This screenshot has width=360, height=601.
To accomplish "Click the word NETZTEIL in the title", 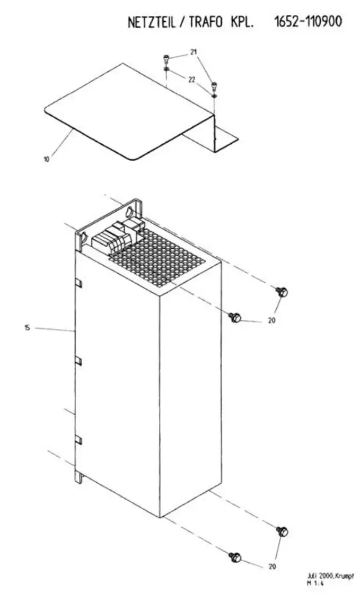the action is (151, 23).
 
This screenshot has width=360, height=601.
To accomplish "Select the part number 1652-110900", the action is (308, 22).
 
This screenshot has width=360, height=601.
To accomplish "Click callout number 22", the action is (192, 80).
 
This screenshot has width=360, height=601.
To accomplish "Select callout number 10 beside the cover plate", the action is (46, 160).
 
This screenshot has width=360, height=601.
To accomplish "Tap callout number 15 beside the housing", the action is (27, 328).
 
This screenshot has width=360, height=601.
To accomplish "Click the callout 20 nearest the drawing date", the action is (272, 567).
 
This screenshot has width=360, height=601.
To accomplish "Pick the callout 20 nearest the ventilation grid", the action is (271, 320).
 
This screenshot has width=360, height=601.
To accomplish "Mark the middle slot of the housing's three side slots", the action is (78, 361).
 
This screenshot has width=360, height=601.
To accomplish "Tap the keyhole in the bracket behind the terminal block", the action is (129, 211).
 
